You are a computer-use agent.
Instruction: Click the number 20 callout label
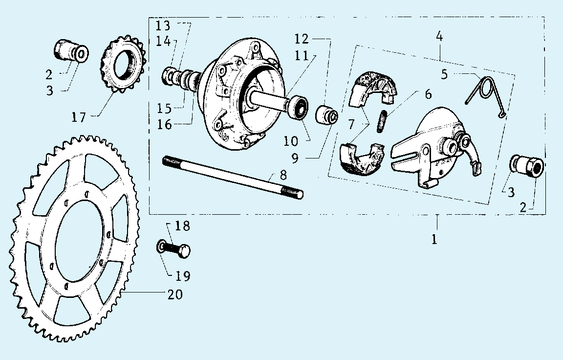pos(175,294)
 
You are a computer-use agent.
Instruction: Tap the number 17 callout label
pos(79,117)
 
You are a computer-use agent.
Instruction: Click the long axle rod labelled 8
pos(233,177)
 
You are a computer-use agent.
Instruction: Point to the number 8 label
pos(283,175)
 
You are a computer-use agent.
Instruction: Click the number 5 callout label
pos(445,74)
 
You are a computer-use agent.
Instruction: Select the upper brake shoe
pos(373,89)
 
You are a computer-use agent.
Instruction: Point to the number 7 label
pos(351,124)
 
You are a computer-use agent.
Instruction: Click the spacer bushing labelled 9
pos(327,115)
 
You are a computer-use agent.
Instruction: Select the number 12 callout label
pos(302,39)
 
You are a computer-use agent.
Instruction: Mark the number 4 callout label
pos(439,36)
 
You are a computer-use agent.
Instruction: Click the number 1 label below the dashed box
pos(434,239)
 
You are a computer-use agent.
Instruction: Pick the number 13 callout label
pos(163,26)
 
